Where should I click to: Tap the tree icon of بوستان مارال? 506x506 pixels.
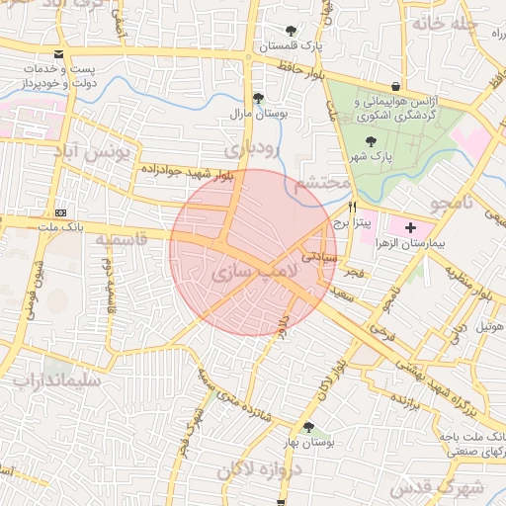click(x=259, y=98)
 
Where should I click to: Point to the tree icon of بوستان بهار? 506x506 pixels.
click(x=309, y=427)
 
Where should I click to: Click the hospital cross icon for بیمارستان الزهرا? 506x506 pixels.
click(x=411, y=228)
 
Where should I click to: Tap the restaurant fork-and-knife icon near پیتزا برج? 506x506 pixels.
click(x=352, y=209)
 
